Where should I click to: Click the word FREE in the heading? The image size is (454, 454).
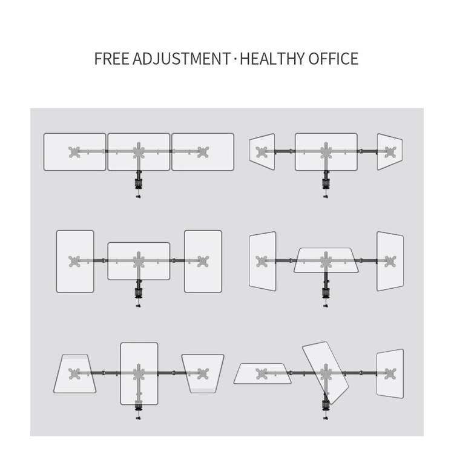[111, 59]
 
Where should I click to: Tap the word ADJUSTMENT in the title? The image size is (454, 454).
[181, 59]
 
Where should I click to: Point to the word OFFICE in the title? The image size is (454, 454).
[333, 59]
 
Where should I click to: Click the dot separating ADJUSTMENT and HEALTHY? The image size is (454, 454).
[235, 59]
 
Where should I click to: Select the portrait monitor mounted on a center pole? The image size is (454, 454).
[139, 373]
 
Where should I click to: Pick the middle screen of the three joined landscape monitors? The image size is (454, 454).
[139, 151]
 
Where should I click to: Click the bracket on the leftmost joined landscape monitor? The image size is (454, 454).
[75, 151]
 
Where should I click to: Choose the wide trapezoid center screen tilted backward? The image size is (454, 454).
[326, 260]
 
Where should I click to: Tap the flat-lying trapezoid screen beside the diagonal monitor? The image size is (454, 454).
[262, 373]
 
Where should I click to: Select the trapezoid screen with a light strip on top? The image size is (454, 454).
[75, 373]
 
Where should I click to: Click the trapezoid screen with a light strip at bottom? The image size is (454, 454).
[203, 373]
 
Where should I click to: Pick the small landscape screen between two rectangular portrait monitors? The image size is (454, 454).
[139, 261]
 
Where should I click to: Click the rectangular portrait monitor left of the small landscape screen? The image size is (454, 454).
[75, 261]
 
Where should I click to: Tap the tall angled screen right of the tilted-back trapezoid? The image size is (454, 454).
[390, 261]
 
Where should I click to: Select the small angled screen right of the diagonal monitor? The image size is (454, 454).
[390, 373]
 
